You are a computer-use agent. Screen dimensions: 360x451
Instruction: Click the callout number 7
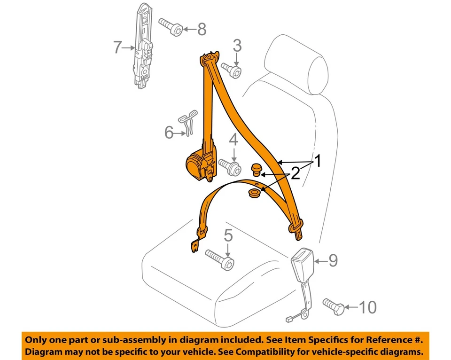pyautogui.click(x=117, y=47)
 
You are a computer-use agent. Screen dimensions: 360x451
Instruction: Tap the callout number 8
pyautogui.click(x=201, y=30)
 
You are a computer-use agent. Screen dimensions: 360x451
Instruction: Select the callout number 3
pyautogui.click(x=237, y=46)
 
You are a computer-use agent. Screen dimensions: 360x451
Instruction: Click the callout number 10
pyautogui.click(x=367, y=307)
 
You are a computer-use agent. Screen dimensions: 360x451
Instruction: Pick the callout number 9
pyautogui.click(x=333, y=260)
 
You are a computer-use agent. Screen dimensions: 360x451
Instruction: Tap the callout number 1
pyautogui.click(x=318, y=162)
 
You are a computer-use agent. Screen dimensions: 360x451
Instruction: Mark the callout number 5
pyautogui.click(x=228, y=235)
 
